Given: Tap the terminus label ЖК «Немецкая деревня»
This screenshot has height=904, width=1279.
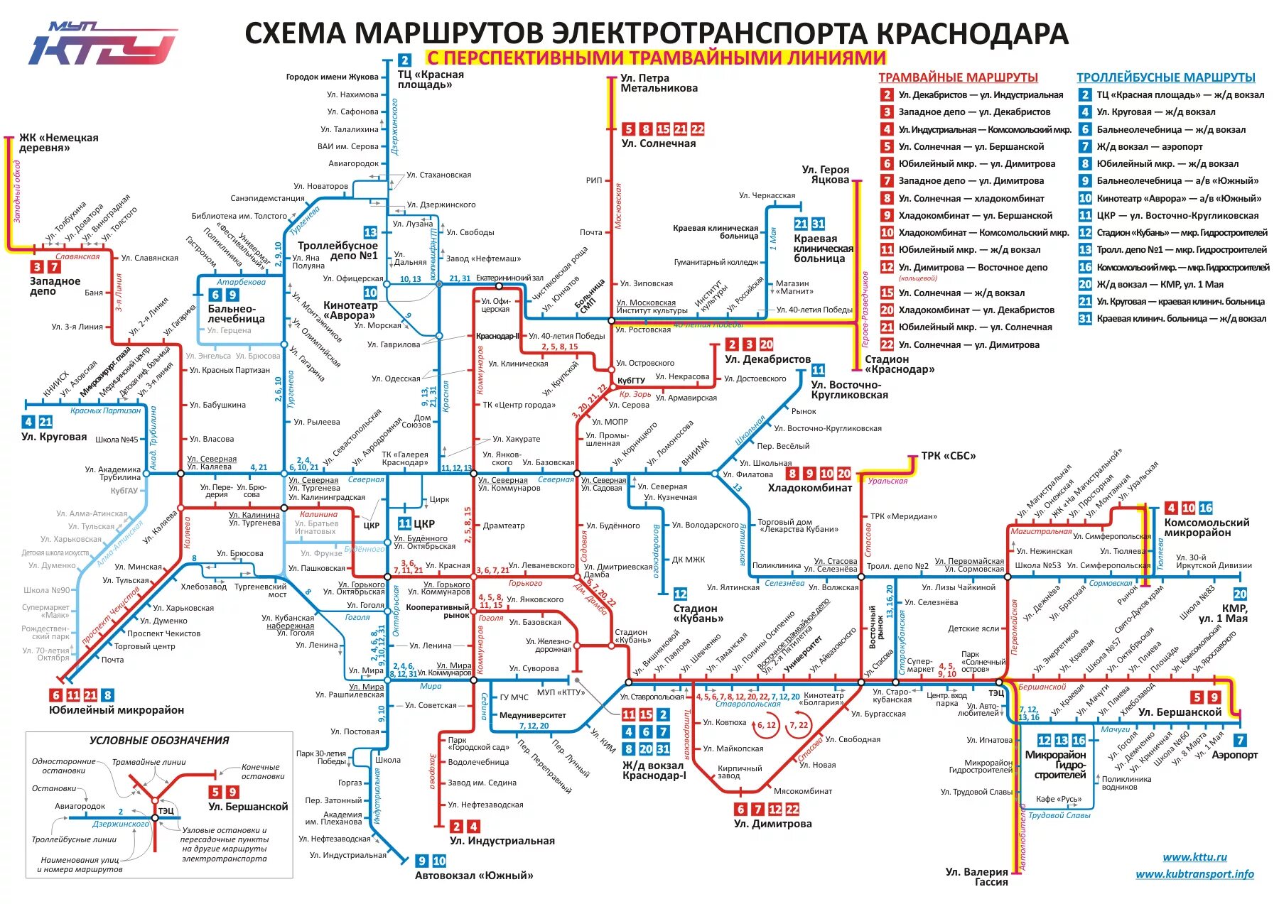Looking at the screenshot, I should coord(58,143).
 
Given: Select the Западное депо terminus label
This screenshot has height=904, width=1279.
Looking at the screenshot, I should coord(55,286).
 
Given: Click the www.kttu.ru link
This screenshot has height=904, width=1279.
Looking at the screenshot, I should coord(1194,857).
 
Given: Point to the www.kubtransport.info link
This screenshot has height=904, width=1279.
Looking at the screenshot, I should coord(1194,874).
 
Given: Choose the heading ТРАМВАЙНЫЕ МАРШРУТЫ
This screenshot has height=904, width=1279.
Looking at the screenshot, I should coord(958,77).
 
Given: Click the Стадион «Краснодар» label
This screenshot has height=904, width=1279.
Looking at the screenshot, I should coord(899,364).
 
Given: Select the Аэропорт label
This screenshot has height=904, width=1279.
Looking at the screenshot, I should coord(1234,755).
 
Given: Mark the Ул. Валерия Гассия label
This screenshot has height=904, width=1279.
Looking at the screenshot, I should coord(976,877).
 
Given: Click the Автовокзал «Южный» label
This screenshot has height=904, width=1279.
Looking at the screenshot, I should coord(474,876).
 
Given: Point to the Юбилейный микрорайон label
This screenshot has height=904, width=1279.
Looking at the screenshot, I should coord(117,710).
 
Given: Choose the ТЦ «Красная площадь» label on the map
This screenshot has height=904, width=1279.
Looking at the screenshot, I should coord(431,80).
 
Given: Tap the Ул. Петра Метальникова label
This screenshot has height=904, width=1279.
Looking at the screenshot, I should coord(659,83).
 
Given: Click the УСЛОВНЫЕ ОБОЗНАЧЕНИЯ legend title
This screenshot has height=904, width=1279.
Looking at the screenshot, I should coord(159,741).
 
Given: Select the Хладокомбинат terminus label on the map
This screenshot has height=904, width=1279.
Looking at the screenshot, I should coord(809,488).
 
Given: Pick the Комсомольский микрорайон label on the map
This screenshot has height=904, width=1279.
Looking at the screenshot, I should coord(1206,528).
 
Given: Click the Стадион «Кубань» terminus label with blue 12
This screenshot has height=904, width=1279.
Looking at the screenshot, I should coord(695,613).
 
